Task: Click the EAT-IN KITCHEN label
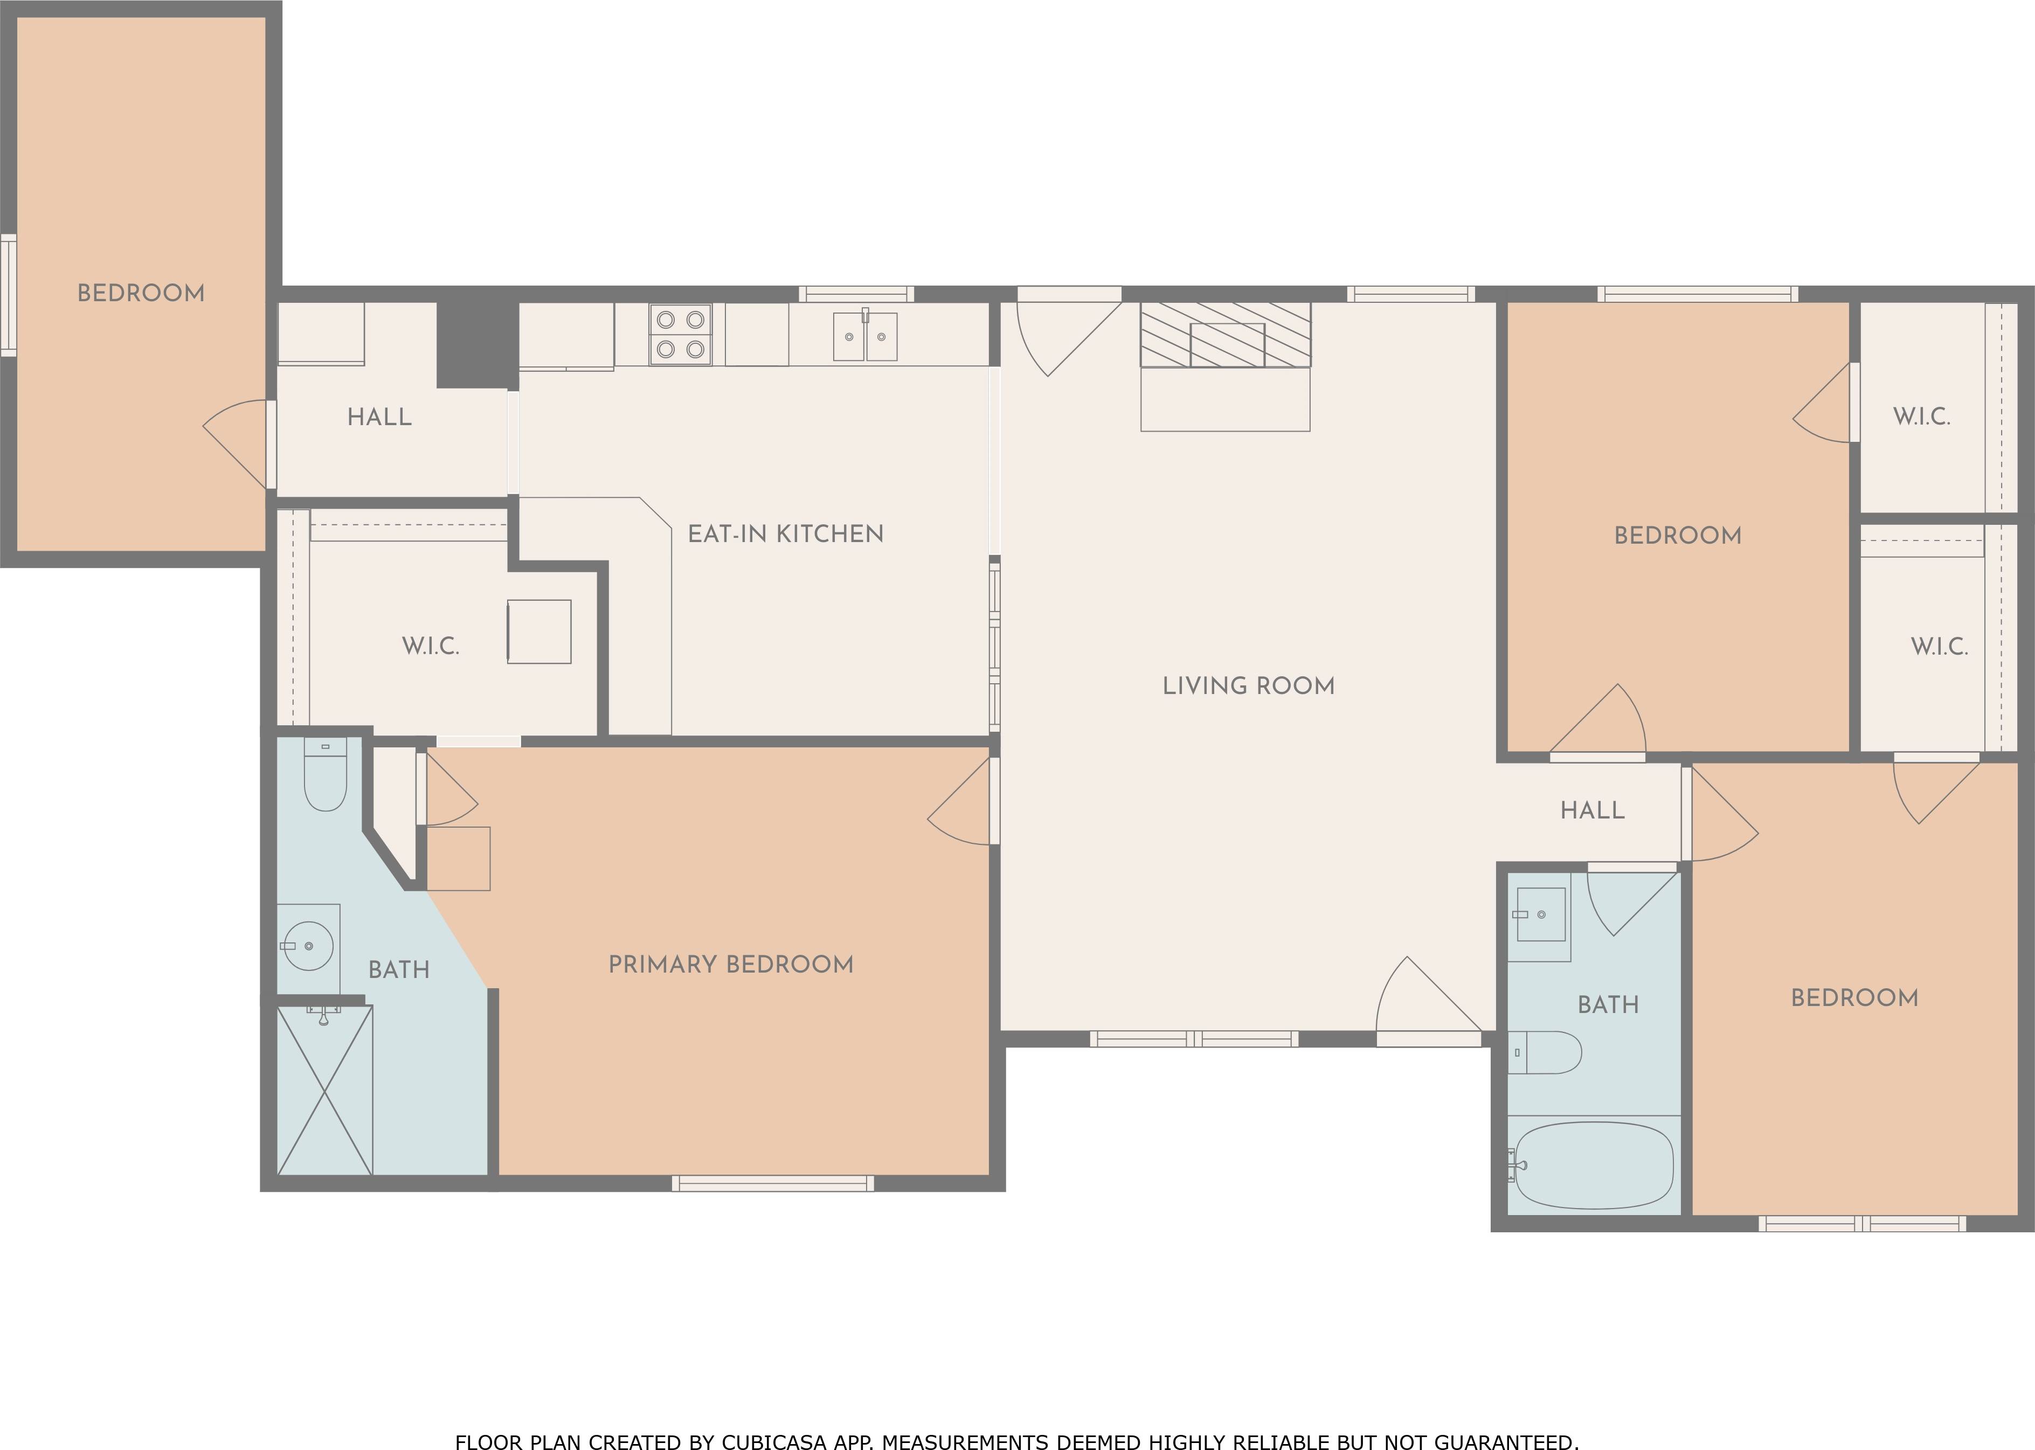tap(785, 534)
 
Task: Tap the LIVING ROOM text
tap(1248, 686)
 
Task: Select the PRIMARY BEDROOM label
tap(730, 965)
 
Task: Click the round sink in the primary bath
tap(308, 946)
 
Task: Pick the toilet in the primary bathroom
tap(325, 774)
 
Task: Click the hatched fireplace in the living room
tap(1225, 335)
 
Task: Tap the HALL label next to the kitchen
tap(379, 417)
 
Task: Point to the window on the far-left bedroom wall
tap(8, 295)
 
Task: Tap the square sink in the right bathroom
tap(1541, 915)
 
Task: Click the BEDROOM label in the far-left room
tap(141, 293)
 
